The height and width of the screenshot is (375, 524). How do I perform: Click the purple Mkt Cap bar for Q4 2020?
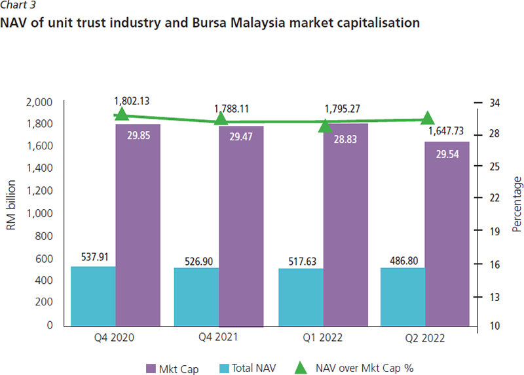pos(138,229)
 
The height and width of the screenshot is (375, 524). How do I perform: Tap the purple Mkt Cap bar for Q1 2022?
pos(345,229)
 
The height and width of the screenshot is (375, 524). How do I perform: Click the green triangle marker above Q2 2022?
pos(428,118)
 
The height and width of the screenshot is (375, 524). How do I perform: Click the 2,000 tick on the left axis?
pos(39,102)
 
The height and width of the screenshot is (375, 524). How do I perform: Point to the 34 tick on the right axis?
pos(495,102)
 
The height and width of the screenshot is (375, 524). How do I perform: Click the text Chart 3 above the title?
pos(19,5)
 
